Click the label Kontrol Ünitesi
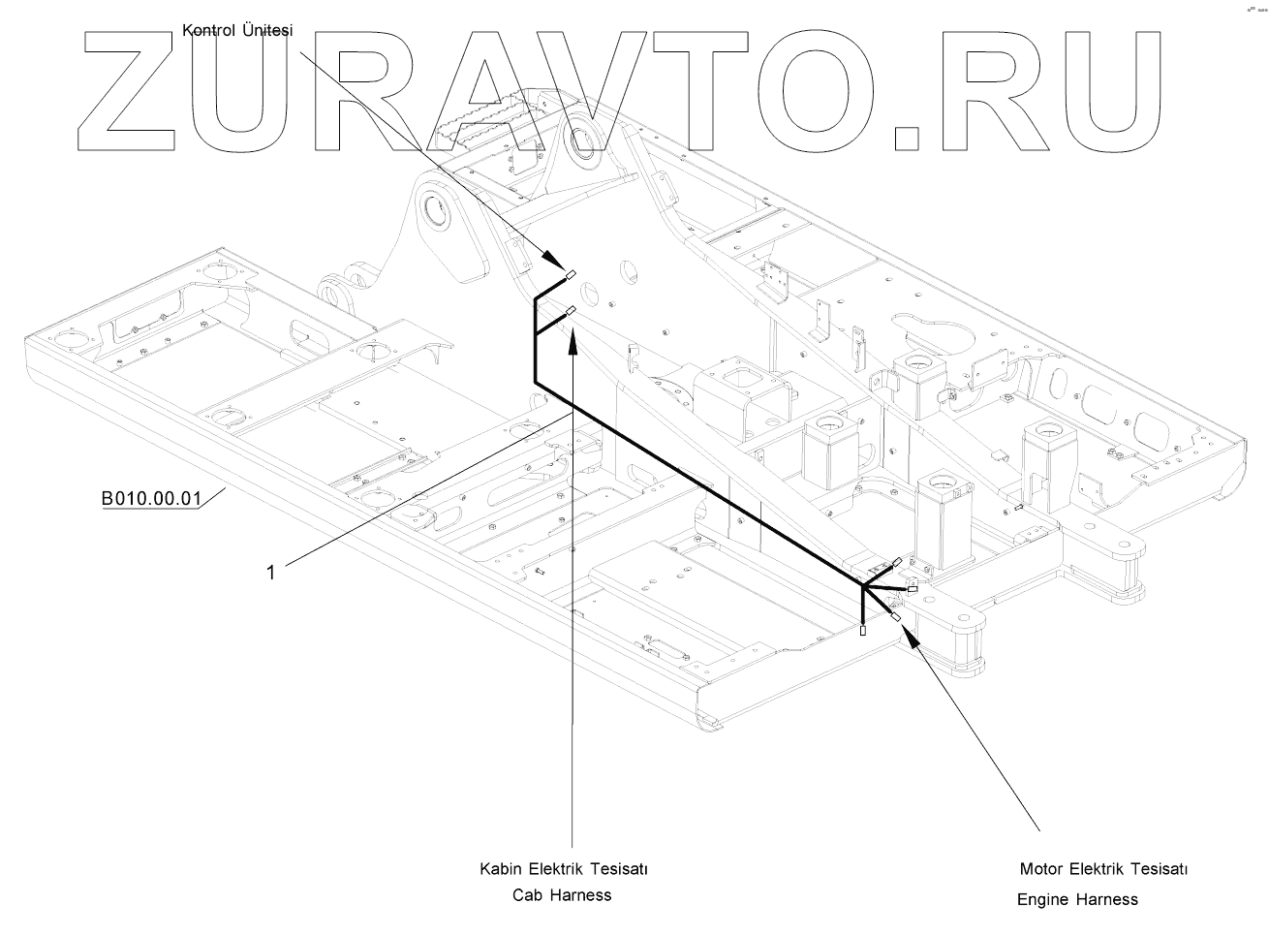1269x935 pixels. point(237,31)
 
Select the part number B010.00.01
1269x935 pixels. point(151,499)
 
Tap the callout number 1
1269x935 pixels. point(271,573)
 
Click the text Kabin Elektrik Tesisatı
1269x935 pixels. point(563,869)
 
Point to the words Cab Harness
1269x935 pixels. point(562,895)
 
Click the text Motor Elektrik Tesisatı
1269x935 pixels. point(1103,868)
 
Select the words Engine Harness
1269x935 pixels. point(1077,899)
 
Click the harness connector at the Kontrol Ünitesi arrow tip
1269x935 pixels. point(572,275)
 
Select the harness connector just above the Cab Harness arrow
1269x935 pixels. point(571,312)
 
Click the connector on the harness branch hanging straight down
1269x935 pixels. point(863,631)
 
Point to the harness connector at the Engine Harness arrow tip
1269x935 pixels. point(896,617)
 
